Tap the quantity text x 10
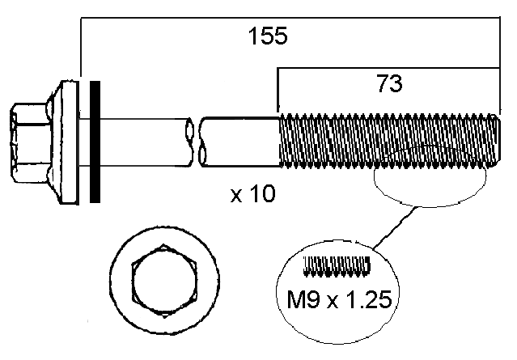(252, 194)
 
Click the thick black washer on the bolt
(95, 141)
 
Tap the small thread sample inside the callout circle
(337, 264)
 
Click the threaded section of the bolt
(384, 141)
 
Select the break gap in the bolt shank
(196, 141)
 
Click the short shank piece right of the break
(239, 141)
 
